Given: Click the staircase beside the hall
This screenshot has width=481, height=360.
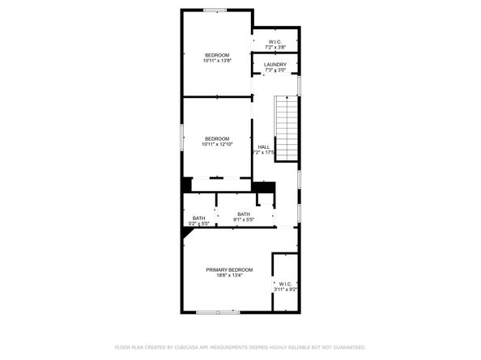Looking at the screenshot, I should pos(288,127).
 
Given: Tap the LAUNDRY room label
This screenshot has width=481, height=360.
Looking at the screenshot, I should pos(275,64).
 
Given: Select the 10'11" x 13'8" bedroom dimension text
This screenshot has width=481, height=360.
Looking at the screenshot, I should pos(217,61).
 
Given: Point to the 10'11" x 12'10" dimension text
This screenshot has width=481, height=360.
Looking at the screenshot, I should pos(217,144).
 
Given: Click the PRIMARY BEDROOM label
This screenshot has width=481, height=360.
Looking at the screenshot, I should pos(229,269).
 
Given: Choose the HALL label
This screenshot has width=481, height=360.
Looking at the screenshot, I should pos(264,146).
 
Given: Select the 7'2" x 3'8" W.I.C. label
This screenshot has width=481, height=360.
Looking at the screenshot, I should pos(275,48).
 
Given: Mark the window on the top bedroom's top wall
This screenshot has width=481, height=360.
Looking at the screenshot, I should pos(215,10).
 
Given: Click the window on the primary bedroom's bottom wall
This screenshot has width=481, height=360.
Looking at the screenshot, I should pos(219,311).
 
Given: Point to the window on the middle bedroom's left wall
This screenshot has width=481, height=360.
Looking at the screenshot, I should pos(181,135).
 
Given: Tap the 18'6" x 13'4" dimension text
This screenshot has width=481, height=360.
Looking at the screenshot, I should pos(229,275).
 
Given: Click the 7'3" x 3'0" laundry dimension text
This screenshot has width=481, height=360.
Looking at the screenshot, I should pos(275,70).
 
